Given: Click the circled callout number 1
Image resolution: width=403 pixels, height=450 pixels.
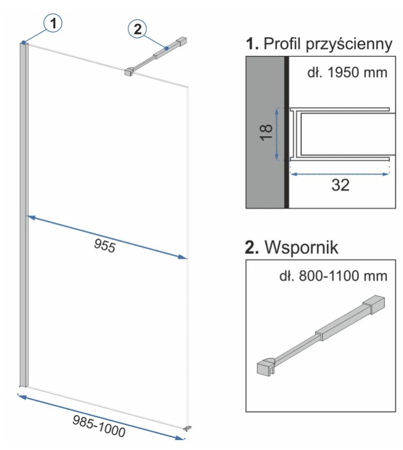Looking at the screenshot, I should tap(53, 24).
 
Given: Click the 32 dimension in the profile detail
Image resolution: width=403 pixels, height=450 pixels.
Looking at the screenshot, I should tap(340, 185).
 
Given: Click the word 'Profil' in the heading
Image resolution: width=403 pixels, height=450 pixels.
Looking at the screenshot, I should tap(286, 45).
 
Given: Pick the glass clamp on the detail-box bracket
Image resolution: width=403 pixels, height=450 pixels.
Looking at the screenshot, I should tap(265, 367).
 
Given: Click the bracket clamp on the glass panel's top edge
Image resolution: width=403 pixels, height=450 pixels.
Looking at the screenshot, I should tap(128, 73).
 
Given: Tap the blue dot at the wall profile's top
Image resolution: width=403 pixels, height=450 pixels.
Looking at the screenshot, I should tap(23, 42).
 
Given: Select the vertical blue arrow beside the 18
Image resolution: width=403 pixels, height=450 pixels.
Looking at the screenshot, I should tap(278, 134).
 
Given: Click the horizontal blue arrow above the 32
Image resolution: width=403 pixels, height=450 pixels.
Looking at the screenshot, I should tap(340, 173).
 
